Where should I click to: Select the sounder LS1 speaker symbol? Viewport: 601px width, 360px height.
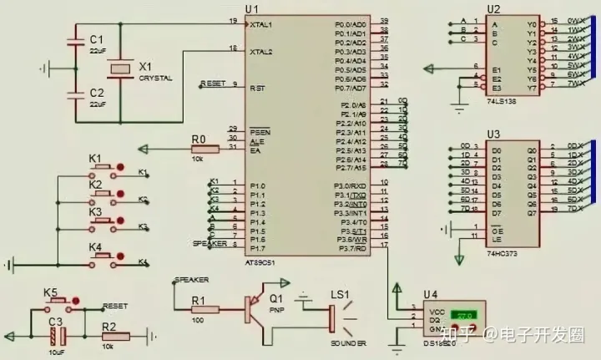[x=334, y=317]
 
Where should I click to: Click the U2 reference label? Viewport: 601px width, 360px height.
[x=494, y=9]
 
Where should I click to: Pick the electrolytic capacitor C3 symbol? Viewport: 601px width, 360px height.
[x=56, y=337]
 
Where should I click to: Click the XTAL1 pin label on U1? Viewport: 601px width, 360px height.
[x=260, y=24]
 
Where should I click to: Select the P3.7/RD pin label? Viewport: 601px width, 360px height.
[x=353, y=248]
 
